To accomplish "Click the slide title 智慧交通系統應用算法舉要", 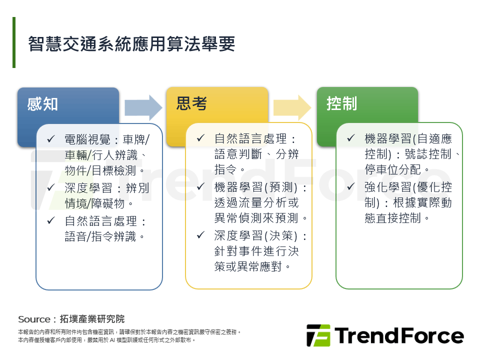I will tap(131, 44).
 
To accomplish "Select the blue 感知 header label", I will tap(43, 104).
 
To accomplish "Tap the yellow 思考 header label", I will tap(191, 103).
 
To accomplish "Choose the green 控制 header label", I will tap(341, 103).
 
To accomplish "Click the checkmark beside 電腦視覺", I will tap(50, 138).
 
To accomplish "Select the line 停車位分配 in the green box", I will tap(396, 169).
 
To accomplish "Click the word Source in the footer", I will tap(34, 319).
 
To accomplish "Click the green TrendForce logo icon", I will tap(318, 335).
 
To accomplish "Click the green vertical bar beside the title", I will tap(14, 42).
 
